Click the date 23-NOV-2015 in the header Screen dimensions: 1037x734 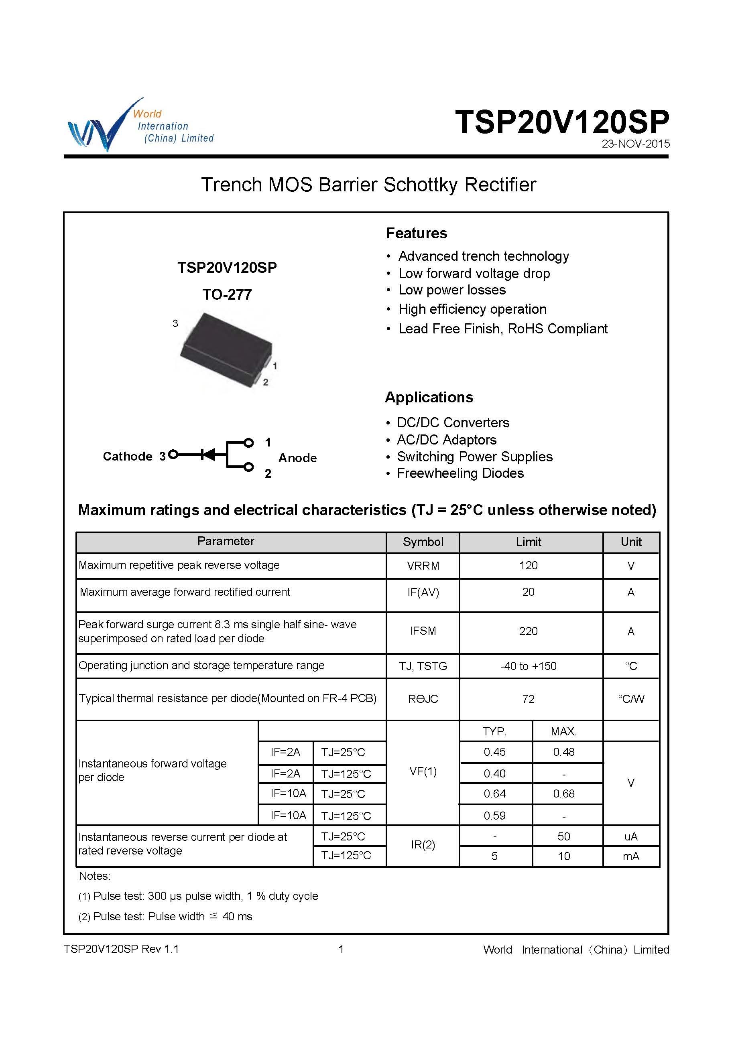[x=635, y=144]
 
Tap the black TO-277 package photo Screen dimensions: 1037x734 [x=226, y=350]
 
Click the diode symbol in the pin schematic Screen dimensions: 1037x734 [x=208, y=455]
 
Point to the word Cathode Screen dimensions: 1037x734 [x=128, y=457]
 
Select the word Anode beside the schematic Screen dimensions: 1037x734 [x=297, y=458]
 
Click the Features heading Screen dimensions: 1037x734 [x=416, y=233]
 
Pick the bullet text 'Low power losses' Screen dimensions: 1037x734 [x=451, y=290]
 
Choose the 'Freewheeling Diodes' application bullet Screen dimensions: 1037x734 [x=460, y=473]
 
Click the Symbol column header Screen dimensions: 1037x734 [x=423, y=542]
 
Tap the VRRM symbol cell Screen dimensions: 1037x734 [x=423, y=566]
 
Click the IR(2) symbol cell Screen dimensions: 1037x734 [x=423, y=844]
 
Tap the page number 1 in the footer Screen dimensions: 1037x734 [x=341, y=949]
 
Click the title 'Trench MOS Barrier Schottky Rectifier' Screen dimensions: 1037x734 [x=368, y=185]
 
